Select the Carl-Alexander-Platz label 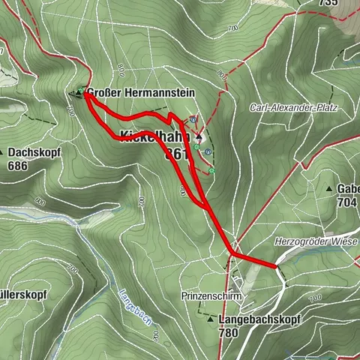point(294,108)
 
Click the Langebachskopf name point(260,319)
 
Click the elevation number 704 point(346,202)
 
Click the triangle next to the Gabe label point(329,187)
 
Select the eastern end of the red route point(276,265)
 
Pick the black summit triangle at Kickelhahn point(199,138)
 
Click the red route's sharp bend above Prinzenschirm point(231,254)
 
